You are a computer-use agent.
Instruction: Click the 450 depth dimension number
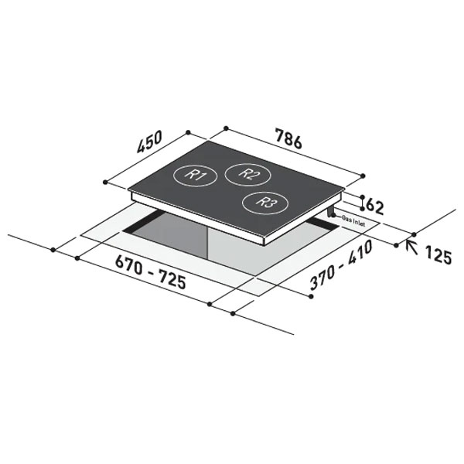click(x=149, y=142)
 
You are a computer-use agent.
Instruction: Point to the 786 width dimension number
click(x=288, y=138)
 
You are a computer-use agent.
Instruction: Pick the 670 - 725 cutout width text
click(x=151, y=272)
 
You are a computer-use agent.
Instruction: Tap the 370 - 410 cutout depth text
click(x=341, y=264)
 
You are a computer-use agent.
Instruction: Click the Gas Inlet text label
click(x=353, y=220)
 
